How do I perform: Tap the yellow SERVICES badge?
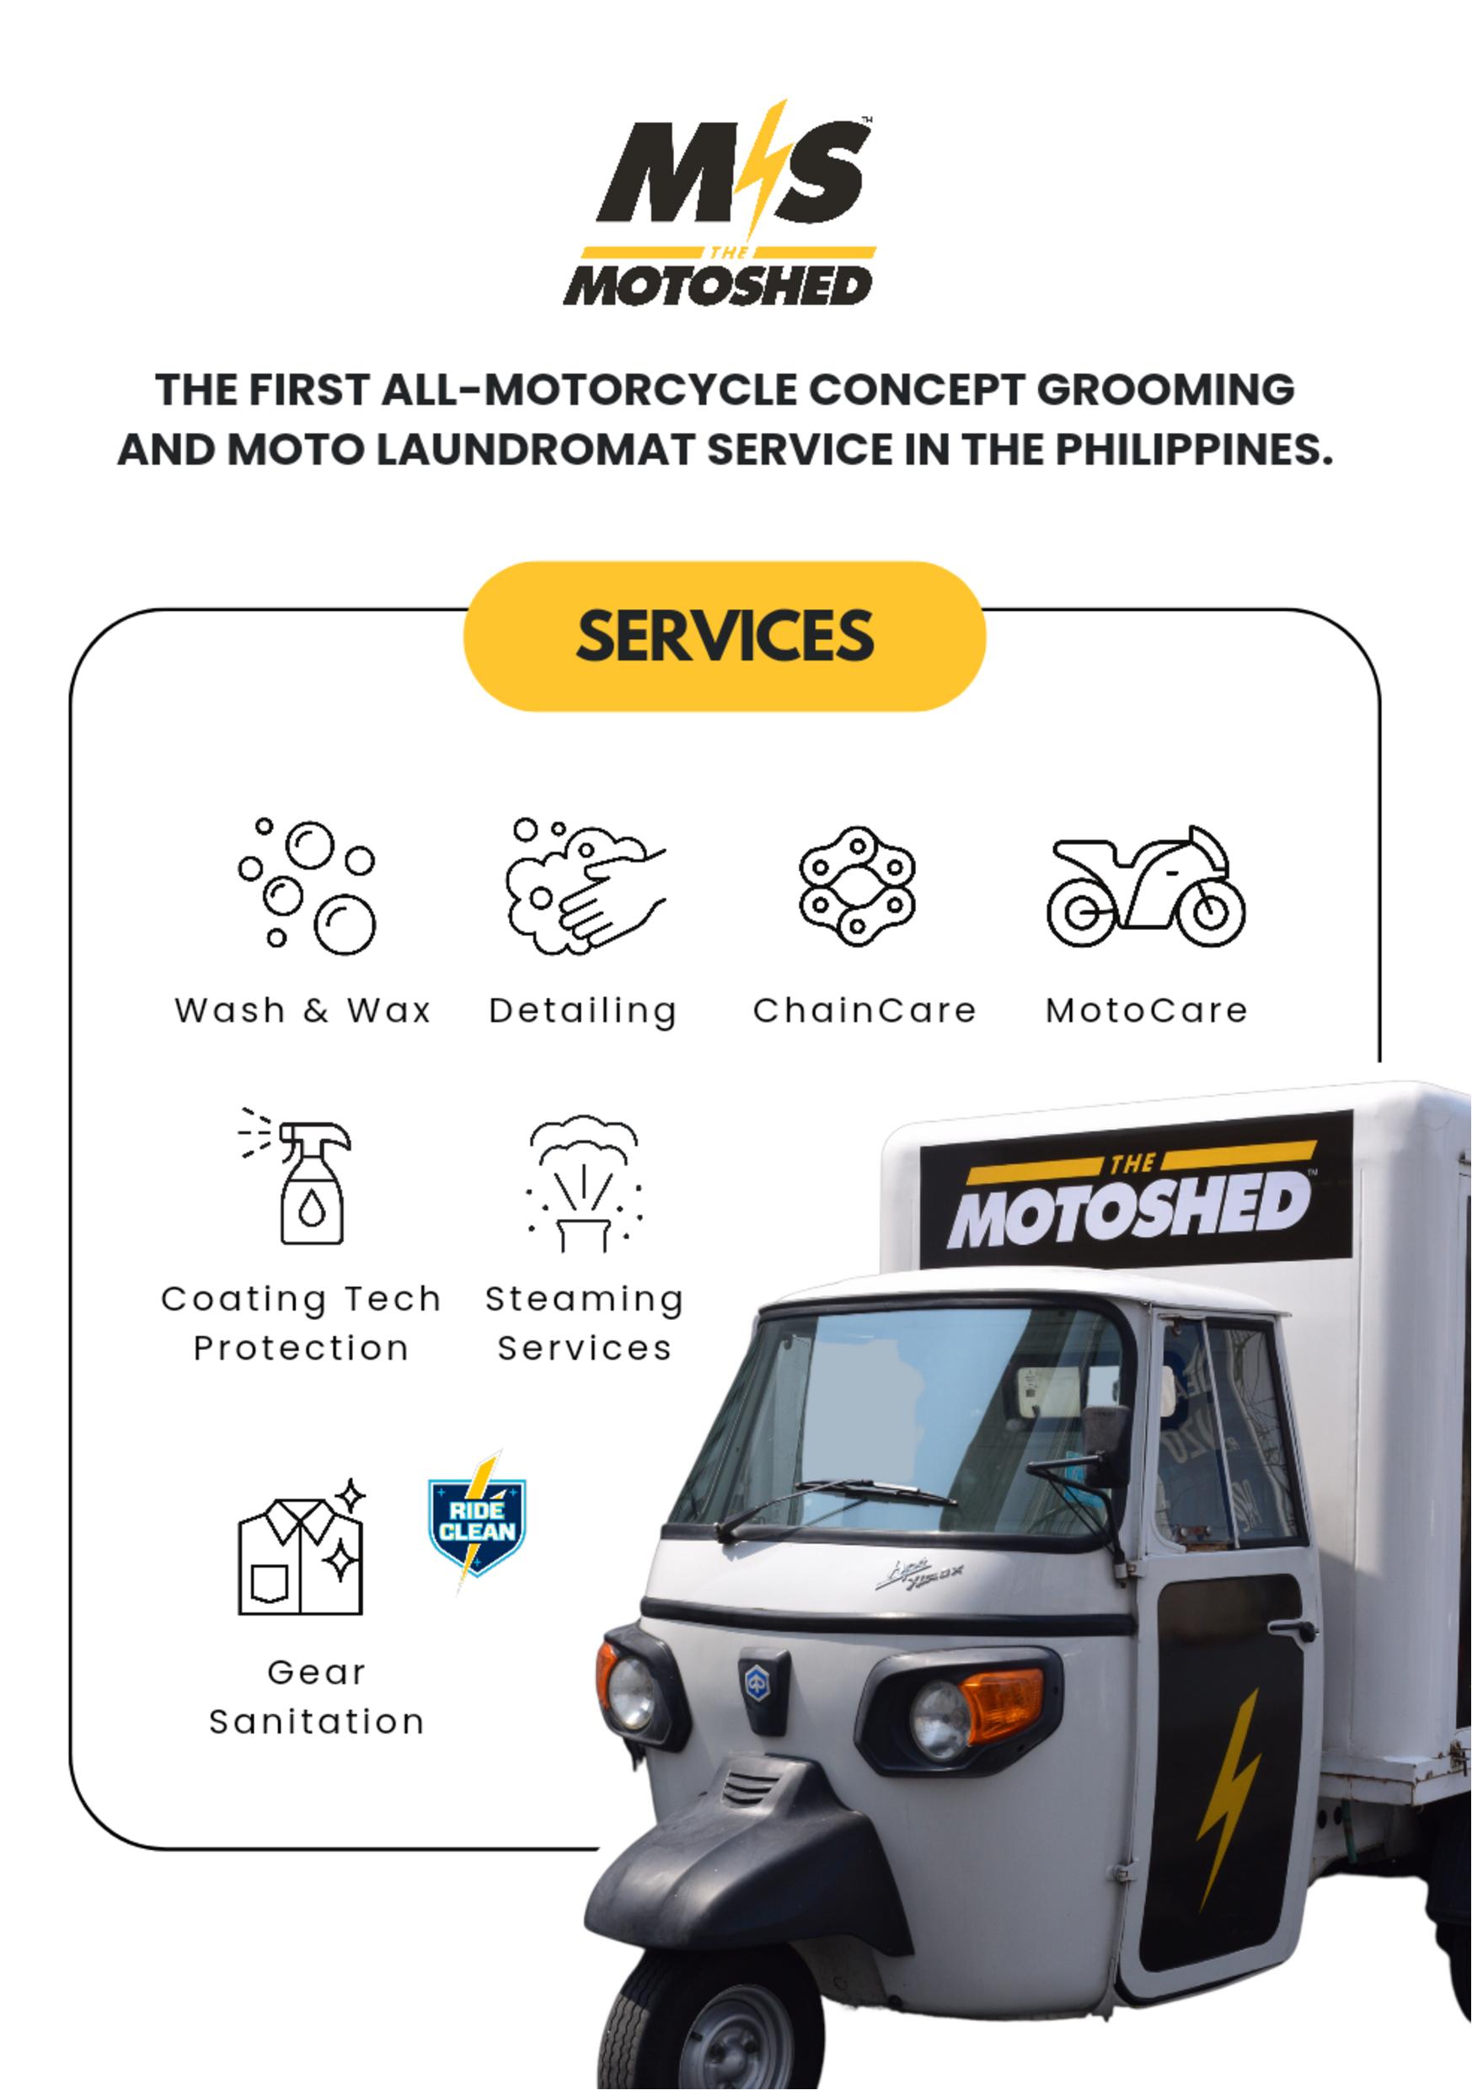click(725, 635)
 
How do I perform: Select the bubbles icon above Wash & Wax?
click(308, 886)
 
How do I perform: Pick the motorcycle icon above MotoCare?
click(1145, 886)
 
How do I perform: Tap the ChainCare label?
click(864, 1010)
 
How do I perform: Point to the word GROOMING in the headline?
click(1165, 389)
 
